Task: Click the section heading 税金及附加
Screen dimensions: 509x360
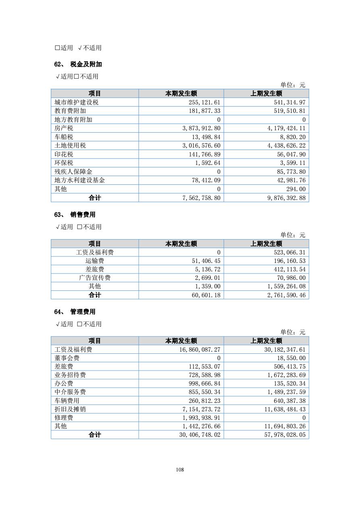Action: click(86, 65)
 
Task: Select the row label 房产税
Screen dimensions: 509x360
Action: click(64, 128)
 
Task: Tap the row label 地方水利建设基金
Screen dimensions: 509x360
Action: click(80, 180)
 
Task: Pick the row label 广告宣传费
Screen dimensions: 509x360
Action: click(95, 278)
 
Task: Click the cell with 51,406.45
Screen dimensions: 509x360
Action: click(205, 261)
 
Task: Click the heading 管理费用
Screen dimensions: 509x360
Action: click(83, 312)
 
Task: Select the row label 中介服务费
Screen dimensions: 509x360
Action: click(70, 392)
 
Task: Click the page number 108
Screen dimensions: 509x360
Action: click(180, 469)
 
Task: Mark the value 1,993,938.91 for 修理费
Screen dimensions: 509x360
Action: click(201, 418)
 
